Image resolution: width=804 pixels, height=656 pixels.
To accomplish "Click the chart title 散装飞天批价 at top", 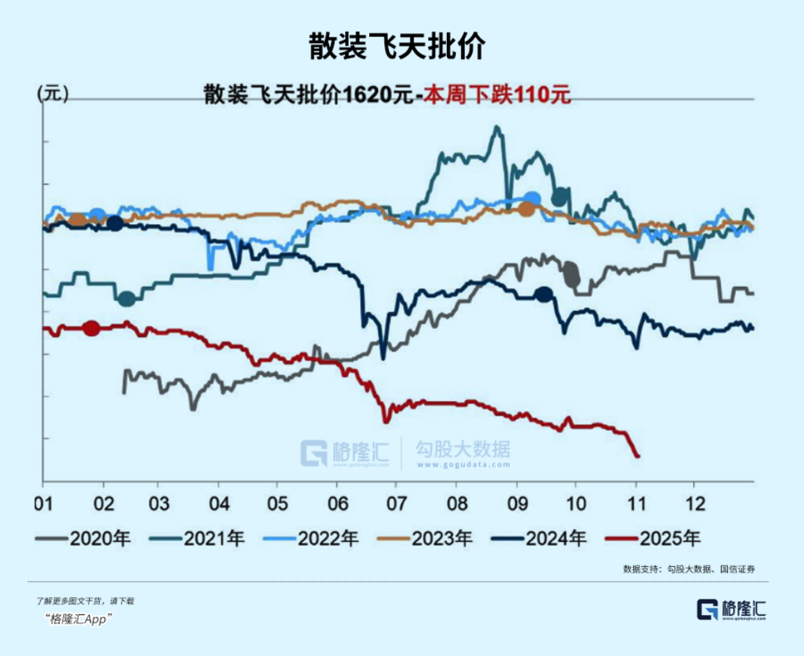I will [x=396, y=47].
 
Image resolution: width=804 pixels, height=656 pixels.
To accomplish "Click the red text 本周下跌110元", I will [x=497, y=95].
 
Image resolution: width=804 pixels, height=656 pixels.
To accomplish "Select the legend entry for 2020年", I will [x=84, y=538].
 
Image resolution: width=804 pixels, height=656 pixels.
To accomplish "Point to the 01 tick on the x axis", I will [x=43, y=502].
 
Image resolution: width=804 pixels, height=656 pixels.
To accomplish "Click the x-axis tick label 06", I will [x=338, y=502].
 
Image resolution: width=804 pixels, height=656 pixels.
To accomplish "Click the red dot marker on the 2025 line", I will [x=91, y=328].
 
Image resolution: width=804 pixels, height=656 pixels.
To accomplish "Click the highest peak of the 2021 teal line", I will [x=497, y=127].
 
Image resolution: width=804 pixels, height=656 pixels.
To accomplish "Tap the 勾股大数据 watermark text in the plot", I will [x=462, y=450].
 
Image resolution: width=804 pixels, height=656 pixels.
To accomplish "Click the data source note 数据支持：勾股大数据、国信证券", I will [x=688, y=568].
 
